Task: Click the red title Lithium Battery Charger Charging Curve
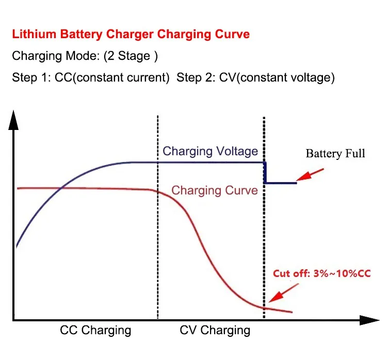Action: (131, 34)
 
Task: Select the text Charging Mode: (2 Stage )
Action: (85, 56)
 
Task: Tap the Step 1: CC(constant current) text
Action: (91, 77)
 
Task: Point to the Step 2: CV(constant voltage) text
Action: (256, 77)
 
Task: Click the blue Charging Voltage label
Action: (211, 151)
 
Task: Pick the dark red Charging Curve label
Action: (215, 190)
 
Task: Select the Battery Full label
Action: (335, 154)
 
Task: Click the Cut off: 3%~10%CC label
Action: (322, 273)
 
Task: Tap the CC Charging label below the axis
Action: (95, 330)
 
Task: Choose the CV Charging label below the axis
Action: (215, 330)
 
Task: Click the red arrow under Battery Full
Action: (310, 175)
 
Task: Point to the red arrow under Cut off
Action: (284, 293)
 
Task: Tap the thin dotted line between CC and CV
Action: (158, 217)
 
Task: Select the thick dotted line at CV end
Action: (264, 217)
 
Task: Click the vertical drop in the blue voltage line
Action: (265, 173)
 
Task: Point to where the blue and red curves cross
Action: (61, 188)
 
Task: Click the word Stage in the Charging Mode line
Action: (134, 56)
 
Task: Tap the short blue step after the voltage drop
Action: (280, 183)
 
